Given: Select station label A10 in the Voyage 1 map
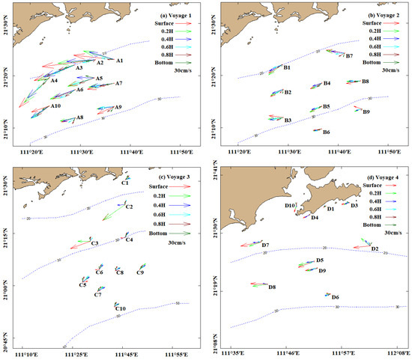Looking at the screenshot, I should click(55, 106).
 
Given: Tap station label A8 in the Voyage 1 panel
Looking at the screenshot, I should click(79, 118).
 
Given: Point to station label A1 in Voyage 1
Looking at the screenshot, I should click(120, 59).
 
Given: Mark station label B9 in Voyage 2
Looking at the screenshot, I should click(366, 112).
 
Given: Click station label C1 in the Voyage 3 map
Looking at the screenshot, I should click(125, 183).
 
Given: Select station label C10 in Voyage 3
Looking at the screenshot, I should click(121, 308).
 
